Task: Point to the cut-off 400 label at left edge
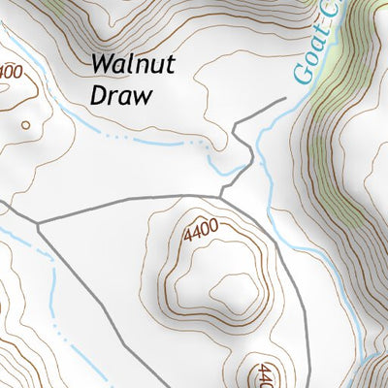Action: coord(10,72)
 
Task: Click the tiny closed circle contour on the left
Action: coord(24,124)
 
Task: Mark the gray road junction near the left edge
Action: coord(38,222)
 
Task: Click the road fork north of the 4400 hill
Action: coord(221,196)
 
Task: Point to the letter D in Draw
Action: coord(97,95)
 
